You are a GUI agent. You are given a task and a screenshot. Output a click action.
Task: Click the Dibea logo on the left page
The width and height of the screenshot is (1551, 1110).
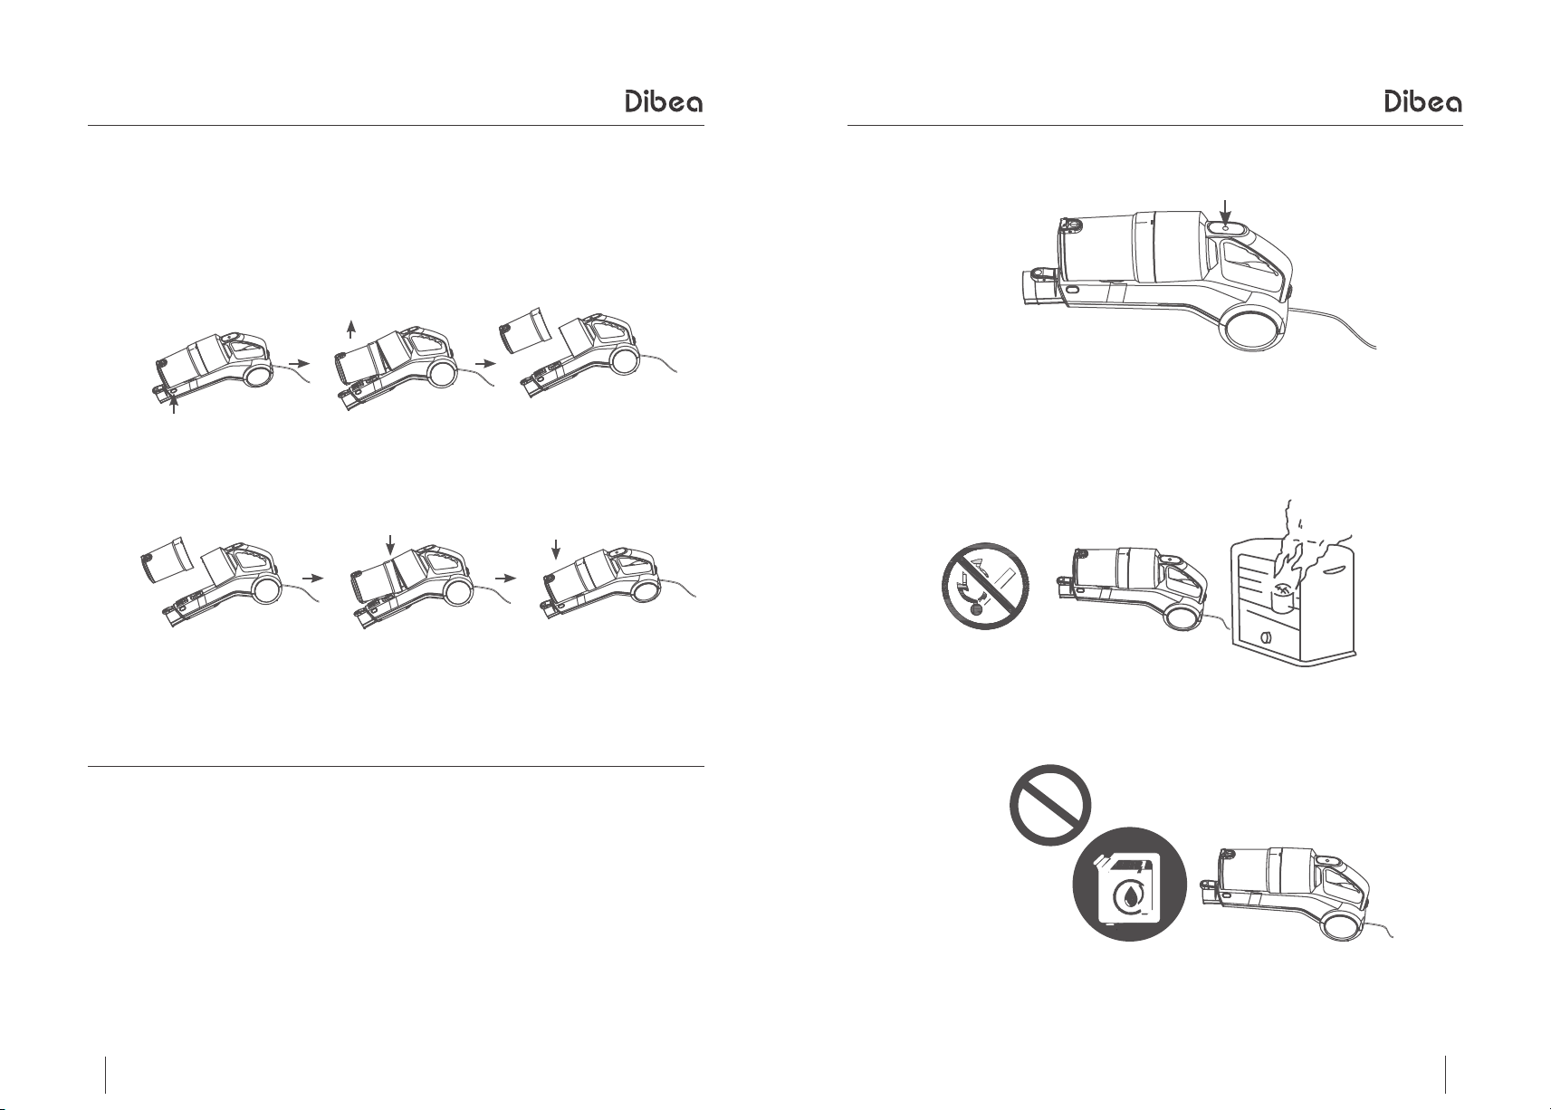(664, 101)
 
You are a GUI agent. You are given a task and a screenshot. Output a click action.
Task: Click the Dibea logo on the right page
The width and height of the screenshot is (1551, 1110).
(1423, 101)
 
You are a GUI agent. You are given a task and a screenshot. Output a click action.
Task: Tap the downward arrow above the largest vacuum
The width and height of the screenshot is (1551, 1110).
(1226, 211)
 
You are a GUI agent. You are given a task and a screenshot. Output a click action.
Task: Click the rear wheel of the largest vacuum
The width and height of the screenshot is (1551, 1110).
(1254, 328)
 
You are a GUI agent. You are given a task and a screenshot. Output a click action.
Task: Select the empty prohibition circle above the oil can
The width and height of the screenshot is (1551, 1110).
(1050, 805)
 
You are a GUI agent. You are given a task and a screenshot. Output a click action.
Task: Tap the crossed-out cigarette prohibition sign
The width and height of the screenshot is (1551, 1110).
(985, 586)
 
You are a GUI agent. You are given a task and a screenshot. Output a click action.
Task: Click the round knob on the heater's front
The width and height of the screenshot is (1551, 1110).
(1267, 637)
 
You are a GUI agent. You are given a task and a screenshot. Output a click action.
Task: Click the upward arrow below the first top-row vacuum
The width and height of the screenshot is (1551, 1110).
(174, 402)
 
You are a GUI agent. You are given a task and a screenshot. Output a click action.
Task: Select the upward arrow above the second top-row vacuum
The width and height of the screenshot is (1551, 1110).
(351, 330)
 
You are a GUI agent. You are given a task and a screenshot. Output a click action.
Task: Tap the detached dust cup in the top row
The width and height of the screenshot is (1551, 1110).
(525, 330)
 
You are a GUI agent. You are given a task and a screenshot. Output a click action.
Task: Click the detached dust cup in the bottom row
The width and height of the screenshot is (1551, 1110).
(166, 558)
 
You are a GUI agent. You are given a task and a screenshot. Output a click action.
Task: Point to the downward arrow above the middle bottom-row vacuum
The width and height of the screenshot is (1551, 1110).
(391, 545)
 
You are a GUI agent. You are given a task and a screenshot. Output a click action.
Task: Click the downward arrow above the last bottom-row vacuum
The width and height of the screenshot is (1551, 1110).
(556, 550)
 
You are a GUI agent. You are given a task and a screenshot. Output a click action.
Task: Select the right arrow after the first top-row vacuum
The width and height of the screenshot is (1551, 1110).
(299, 363)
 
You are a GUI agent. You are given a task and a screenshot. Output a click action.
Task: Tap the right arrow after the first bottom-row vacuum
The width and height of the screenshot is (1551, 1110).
(313, 578)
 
